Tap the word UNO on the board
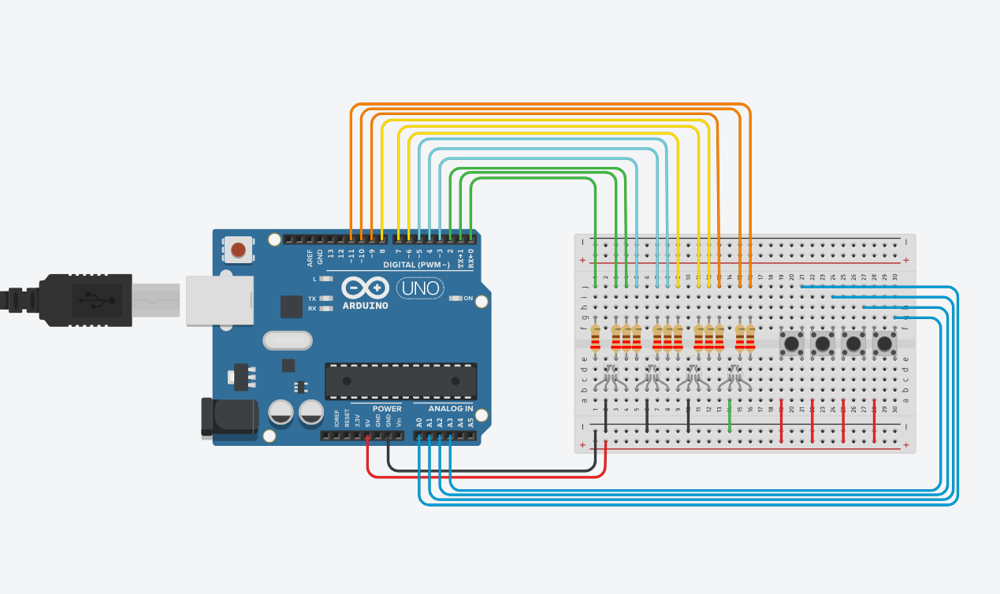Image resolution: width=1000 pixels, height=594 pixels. click(417, 288)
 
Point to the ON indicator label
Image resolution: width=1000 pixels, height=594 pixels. click(468, 299)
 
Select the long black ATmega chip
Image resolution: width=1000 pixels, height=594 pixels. click(401, 381)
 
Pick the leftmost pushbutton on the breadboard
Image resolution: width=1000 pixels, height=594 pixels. click(791, 343)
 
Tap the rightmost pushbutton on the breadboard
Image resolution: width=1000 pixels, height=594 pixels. click(885, 343)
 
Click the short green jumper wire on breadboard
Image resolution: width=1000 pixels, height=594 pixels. click(730, 416)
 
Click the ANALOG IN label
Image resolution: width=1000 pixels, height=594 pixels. click(451, 409)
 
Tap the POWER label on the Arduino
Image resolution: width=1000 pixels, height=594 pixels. click(387, 409)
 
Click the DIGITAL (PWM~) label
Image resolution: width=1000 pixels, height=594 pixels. click(417, 264)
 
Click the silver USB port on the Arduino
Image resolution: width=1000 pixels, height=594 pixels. click(219, 300)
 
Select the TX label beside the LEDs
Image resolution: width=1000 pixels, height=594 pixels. click(313, 299)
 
